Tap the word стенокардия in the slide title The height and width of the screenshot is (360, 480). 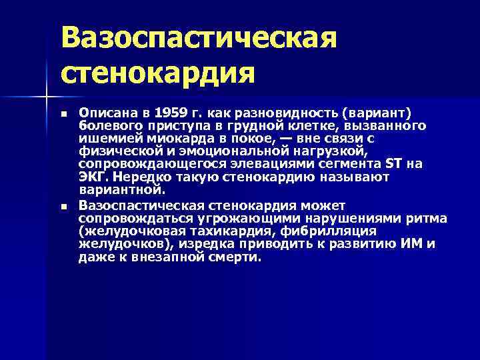[x=158, y=71]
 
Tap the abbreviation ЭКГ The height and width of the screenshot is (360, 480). [x=93, y=177]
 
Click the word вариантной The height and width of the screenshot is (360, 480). [x=120, y=190]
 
